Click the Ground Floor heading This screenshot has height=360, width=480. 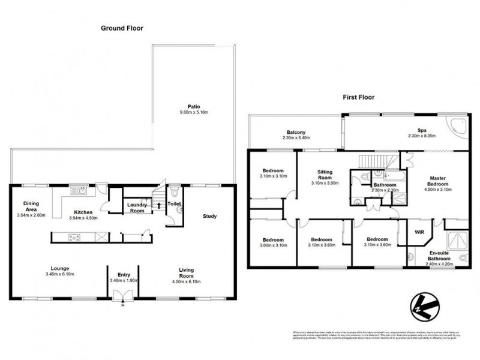(x=122, y=28)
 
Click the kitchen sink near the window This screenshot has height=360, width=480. (x=79, y=191)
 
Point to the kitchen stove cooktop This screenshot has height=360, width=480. (x=75, y=238)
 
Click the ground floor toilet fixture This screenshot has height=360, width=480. (x=174, y=194)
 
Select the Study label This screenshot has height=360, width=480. (x=209, y=216)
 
